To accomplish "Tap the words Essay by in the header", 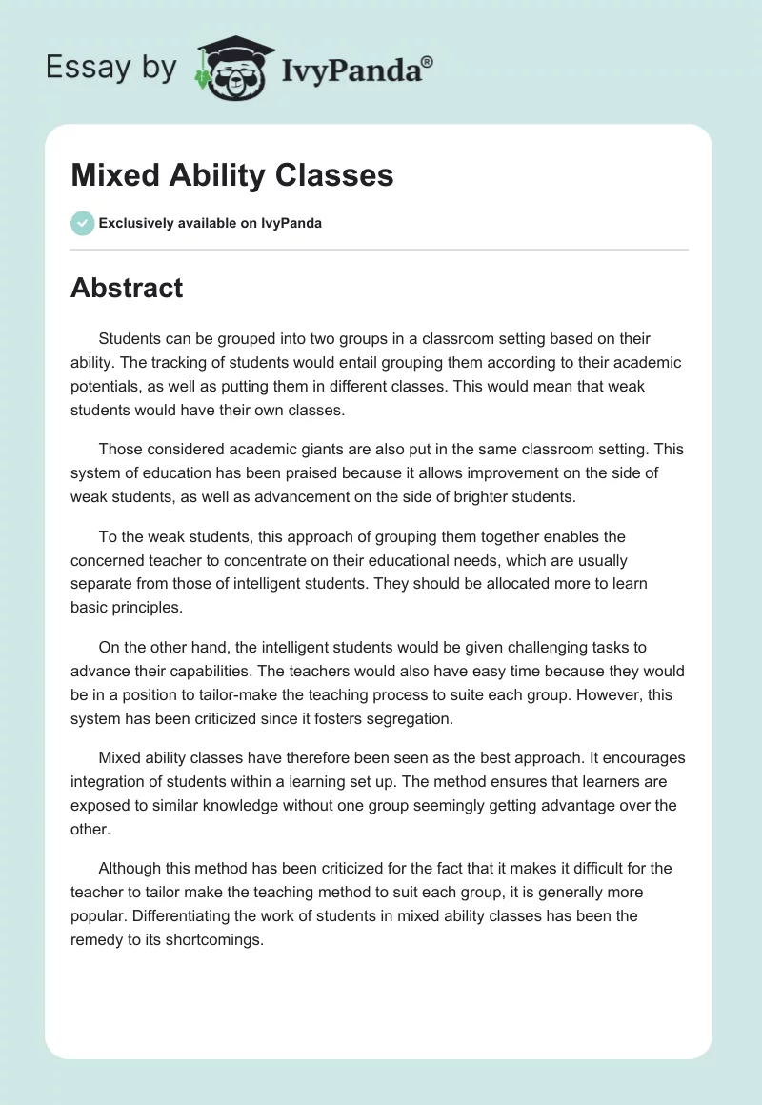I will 110,67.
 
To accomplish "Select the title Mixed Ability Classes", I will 231,175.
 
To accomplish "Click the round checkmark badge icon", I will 82,223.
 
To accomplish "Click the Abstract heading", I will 127,288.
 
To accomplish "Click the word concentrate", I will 257,560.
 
